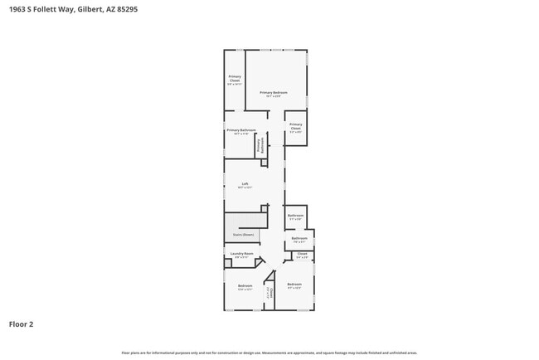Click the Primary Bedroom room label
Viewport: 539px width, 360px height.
pyautogui.click(x=273, y=92)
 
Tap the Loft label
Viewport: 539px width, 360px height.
pyautogui.click(x=245, y=184)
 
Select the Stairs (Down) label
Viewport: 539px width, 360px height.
pyautogui.click(x=242, y=236)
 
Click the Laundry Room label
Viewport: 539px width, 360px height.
pyautogui.click(x=242, y=253)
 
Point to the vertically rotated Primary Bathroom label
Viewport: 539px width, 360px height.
pyautogui.click(x=260, y=144)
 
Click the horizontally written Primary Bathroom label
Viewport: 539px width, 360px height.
pyautogui.click(x=241, y=129)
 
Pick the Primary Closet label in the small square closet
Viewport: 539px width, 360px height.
pyautogui.click(x=296, y=126)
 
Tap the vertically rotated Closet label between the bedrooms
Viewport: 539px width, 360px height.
pyautogui.click(x=268, y=294)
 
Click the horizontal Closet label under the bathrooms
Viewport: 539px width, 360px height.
pyautogui.click(x=302, y=254)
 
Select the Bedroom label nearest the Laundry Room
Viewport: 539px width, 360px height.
pyautogui.click(x=245, y=285)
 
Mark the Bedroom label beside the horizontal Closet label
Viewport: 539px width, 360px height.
pyautogui.click(x=294, y=285)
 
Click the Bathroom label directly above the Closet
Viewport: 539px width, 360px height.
pyautogui.click(x=299, y=238)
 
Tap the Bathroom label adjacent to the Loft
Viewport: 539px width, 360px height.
pyautogui.click(x=296, y=215)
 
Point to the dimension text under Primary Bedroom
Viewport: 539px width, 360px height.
pyautogui.click(x=273, y=96)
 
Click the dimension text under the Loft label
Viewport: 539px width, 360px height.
pyautogui.click(x=245, y=188)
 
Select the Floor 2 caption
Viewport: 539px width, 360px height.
pyautogui.click(x=21, y=324)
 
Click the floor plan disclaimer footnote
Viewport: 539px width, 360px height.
pyautogui.click(x=269, y=353)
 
